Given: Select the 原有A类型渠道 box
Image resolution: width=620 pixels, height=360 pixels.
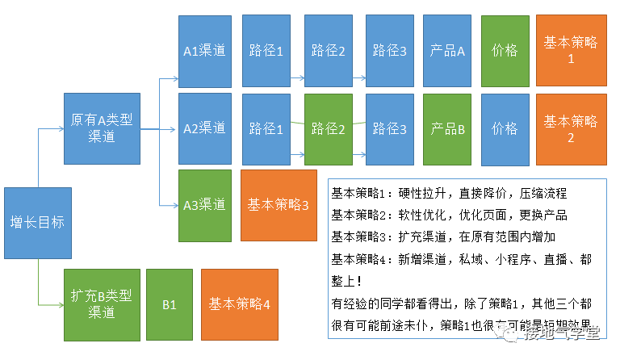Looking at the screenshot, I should coord(102,128).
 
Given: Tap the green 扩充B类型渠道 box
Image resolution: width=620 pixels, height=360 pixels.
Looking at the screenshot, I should coord(102,304).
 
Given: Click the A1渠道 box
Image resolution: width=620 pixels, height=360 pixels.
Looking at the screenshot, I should coord(204,51).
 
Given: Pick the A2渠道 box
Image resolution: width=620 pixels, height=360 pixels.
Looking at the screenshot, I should coord(204,128).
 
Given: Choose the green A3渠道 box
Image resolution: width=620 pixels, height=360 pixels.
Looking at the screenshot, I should coord(204,205).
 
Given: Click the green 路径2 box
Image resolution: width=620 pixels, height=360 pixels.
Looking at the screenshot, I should coord(328,128).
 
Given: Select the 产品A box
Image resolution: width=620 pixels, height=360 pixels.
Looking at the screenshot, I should coord(447,51).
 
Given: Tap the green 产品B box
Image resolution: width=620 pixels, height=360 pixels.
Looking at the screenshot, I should coord(447,128).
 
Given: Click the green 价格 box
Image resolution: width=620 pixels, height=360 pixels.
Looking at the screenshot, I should coord(505,51).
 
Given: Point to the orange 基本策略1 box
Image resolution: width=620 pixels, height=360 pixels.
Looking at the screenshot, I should coord(571,51).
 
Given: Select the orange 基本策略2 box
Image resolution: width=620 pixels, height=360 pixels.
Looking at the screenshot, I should coord(571,128).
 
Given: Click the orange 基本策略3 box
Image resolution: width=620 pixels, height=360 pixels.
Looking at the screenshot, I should coord(278,205).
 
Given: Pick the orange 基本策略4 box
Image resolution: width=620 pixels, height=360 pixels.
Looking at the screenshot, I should coord(239,304).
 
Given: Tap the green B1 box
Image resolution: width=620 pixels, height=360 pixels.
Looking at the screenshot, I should coord(170,304).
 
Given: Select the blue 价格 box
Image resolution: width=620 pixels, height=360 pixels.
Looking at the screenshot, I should coord(505,128).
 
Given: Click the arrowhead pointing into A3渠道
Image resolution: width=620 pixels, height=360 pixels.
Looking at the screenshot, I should coord(174,205).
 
